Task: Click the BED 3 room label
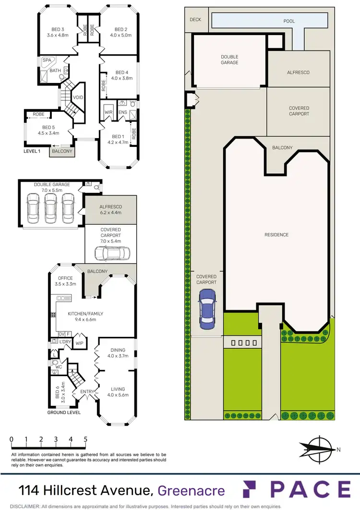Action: point(56,29)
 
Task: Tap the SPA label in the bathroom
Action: point(47,60)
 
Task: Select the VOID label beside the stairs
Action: point(78,97)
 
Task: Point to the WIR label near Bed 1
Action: point(108,113)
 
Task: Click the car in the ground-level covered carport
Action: point(111,252)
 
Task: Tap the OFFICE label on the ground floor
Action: point(65,278)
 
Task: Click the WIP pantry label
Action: point(80,343)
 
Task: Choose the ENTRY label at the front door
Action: point(87,392)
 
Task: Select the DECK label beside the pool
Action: point(195,20)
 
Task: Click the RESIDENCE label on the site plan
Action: point(276,235)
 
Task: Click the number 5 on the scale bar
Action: point(85,439)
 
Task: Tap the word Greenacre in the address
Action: point(192,490)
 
